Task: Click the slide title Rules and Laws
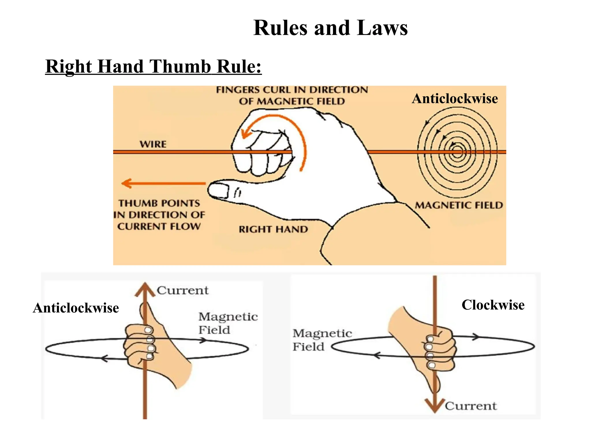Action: (330, 28)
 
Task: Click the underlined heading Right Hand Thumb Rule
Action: (153, 67)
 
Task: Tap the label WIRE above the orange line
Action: (153, 144)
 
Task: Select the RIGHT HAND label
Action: (273, 229)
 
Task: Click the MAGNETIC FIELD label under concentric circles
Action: (459, 205)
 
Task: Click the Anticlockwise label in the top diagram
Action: (455, 98)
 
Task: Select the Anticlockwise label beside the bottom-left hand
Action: (76, 308)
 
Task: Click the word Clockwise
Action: (493, 305)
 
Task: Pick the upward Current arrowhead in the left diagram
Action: (145, 290)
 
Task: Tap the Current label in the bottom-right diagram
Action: (471, 406)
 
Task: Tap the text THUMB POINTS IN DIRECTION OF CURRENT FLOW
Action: (159, 215)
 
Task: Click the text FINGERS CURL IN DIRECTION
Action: (292, 90)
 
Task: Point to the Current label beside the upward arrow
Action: (182, 290)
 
